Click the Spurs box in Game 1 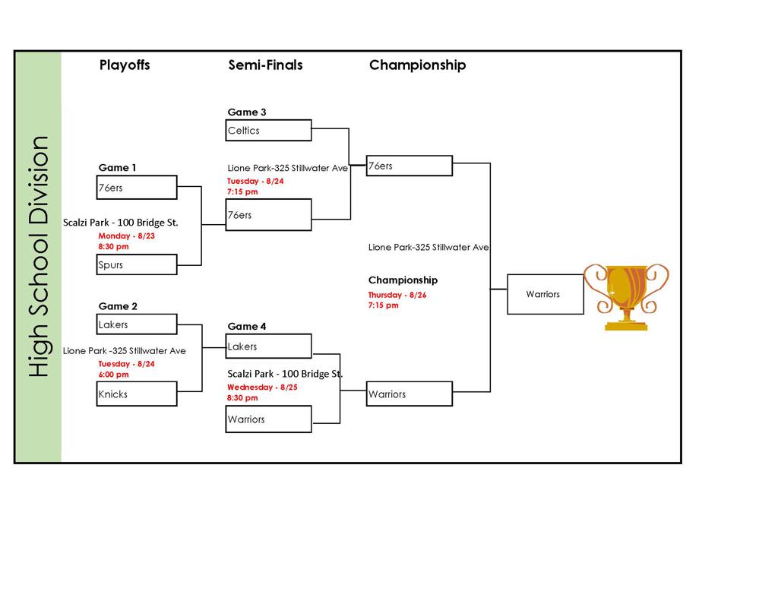(x=137, y=265)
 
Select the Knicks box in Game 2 (x=137, y=394)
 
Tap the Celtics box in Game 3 (x=269, y=131)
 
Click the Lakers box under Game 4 (x=269, y=346)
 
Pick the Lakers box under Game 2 (x=137, y=324)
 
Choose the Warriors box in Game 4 (x=269, y=419)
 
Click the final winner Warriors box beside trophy (x=545, y=294)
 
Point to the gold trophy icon (x=626, y=296)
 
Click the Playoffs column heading (x=125, y=65)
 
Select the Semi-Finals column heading (x=265, y=65)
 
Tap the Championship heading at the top (x=417, y=65)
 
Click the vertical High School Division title (x=38, y=257)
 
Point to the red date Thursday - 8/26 (x=397, y=295)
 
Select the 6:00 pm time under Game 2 (x=113, y=375)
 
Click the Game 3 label (x=247, y=112)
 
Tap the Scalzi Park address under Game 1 (x=120, y=223)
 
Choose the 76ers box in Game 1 (x=137, y=188)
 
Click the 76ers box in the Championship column (x=409, y=166)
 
